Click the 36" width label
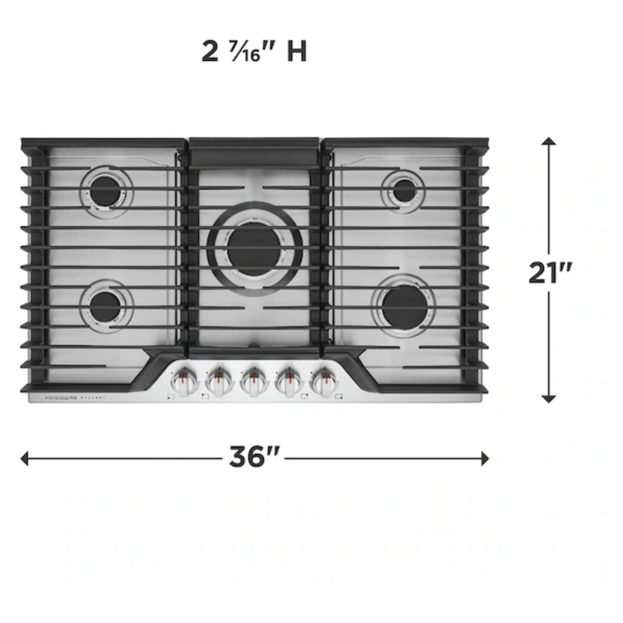[x=255, y=459]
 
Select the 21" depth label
[x=550, y=272]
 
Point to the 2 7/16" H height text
[x=254, y=52]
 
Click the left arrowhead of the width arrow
[x=25, y=459]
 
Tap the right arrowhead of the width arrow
[x=485, y=459]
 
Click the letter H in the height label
[x=297, y=52]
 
